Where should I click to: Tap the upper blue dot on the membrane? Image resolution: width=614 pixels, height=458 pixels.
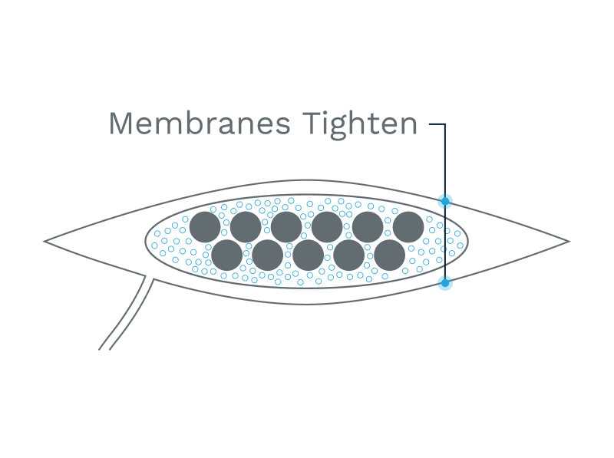coord(445,201)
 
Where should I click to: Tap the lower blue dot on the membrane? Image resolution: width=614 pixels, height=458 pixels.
coord(445,283)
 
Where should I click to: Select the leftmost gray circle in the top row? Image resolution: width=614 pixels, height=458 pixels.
coord(205,227)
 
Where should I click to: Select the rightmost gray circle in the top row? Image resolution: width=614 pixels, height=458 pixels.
coord(408,227)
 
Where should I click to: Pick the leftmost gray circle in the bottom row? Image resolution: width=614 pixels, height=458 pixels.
coord(226,255)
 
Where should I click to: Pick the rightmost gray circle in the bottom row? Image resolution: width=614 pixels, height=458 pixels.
coord(389,255)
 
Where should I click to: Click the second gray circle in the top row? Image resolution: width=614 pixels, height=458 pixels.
coord(246,227)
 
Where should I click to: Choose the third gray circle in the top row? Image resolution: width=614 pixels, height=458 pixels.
coord(286,227)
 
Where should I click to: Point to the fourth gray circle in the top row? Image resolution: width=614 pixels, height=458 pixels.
coord(327,227)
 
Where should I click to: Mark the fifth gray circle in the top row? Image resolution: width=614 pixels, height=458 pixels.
coord(368,227)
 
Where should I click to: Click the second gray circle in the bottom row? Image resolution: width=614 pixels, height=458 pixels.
coord(267,255)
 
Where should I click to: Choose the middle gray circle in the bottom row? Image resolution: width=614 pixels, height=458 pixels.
coord(308,255)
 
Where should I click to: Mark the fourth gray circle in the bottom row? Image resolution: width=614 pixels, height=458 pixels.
coord(348,255)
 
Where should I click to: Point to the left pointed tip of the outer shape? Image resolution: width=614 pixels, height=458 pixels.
coord(45,241)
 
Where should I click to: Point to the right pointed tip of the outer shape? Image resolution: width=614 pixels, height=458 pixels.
coord(568,241)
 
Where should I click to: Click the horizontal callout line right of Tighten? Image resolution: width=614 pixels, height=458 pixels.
coord(436,124)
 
